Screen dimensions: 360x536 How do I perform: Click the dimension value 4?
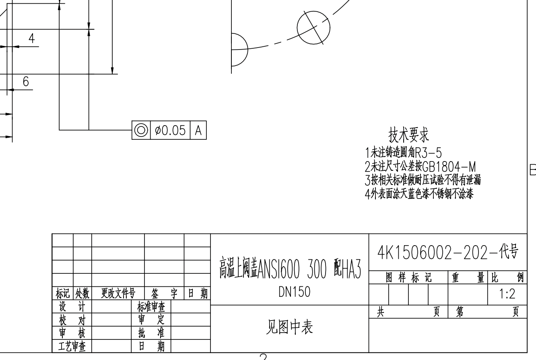click(31, 39)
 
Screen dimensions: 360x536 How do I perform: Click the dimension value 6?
click(26, 82)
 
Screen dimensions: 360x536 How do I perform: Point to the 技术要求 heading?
click(408, 136)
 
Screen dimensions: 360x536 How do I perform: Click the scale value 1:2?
click(507, 294)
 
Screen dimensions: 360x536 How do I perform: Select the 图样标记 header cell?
click(408, 277)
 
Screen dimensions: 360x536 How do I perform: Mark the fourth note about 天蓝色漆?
click(418, 194)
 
